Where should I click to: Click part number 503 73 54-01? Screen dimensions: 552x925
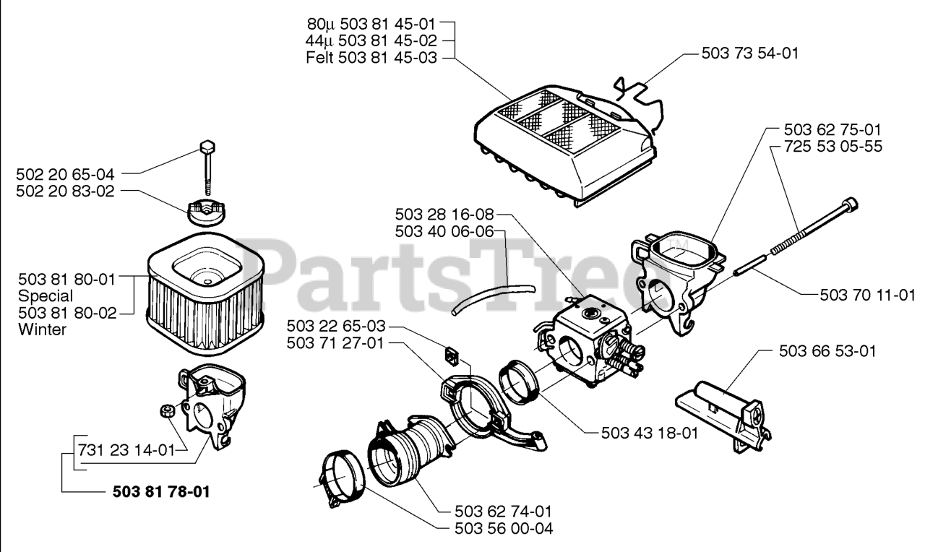[x=749, y=53]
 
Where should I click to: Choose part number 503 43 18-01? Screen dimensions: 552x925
[x=650, y=434]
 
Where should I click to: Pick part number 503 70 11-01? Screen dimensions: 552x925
[x=868, y=295]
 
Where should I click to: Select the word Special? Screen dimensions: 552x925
[x=46, y=296]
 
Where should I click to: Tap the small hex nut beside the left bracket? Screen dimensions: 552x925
[x=166, y=411]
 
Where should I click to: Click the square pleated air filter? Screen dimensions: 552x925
[x=204, y=285]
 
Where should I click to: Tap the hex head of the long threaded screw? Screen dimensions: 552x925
[x=851, y=204]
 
